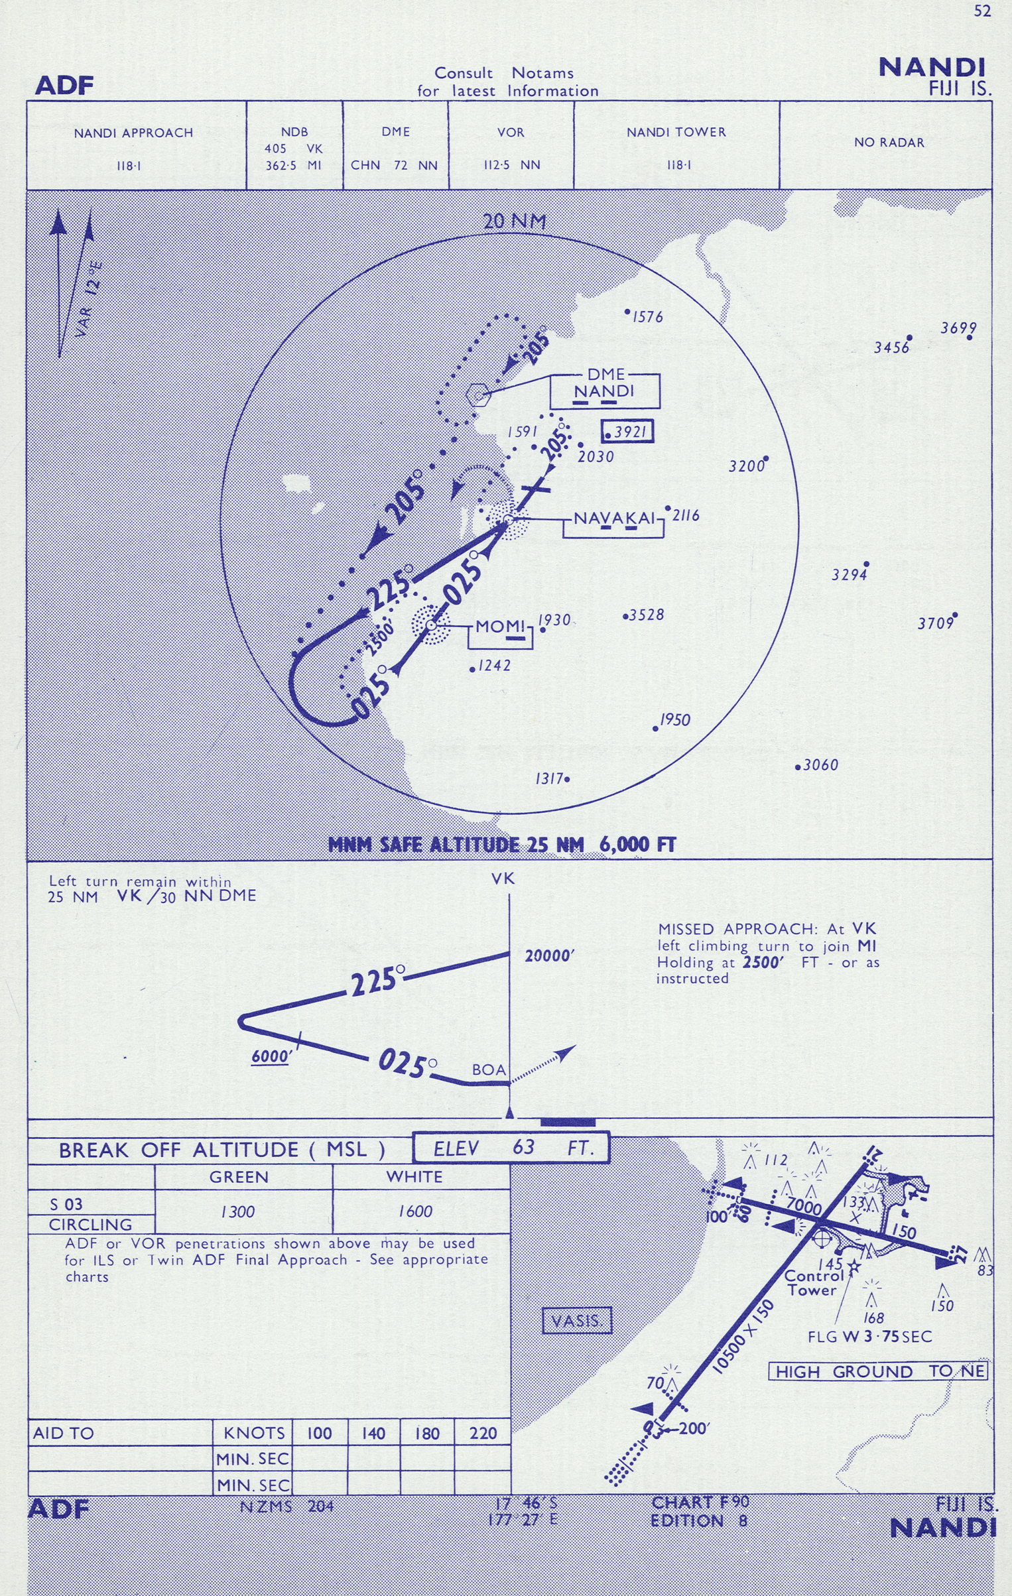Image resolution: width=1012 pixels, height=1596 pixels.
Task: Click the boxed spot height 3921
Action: point(627,432)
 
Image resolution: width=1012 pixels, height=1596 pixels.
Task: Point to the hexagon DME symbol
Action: point(477,395)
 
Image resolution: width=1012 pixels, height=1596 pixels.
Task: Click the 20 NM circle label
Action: point(514,221)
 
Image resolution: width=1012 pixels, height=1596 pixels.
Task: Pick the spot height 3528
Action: point(646,615)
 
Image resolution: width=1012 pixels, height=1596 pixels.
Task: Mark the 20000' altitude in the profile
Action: point(549,955)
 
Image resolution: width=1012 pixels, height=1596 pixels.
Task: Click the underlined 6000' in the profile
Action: point(271,1056)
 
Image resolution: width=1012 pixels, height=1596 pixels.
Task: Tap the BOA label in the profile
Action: point(489,1070)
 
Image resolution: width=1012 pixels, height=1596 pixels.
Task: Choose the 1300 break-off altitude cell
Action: point(238,1211)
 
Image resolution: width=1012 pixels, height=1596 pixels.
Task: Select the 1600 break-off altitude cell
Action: point(416,1211)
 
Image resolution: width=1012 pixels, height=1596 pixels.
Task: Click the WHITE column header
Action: point(414,1177)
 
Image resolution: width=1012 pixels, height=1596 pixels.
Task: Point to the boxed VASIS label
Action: point(576,1320)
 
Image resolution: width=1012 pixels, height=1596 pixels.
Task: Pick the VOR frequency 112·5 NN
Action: point(511,165)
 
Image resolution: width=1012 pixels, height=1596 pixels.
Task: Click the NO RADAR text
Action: point(889,143)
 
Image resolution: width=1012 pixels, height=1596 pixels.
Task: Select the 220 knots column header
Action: point(483,1433)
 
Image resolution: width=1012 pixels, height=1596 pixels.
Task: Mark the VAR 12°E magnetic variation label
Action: point(89,299)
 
